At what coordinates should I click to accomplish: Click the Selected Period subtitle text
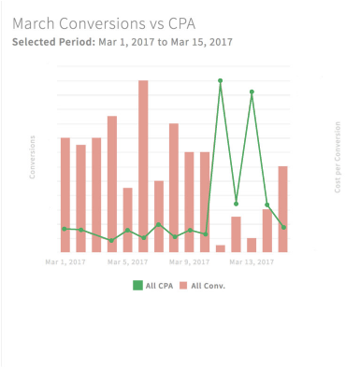[x=122, y=41]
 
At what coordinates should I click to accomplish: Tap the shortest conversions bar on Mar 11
[x=221, y=248]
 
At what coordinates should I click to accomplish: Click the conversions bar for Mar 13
[x=252, y=245]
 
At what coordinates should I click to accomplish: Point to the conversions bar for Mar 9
[x=190, y=202]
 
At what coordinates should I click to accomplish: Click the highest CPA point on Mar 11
[x=221, y=80]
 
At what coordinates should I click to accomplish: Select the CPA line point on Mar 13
[x=252, y=92]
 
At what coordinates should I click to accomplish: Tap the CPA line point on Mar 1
[x=65, y=228]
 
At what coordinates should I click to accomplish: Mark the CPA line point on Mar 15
[x=282, y=227]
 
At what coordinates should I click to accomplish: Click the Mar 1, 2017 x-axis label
[x=65, y=262]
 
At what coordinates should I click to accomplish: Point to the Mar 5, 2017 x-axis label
[x=127, y=262]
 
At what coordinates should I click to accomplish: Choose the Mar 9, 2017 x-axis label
[x=190, y=262]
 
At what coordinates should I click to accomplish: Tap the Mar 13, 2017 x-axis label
[x=252, y=262]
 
